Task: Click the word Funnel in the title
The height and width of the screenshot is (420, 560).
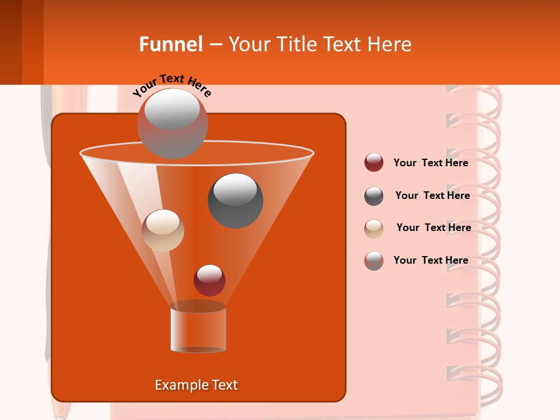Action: coord(170,44)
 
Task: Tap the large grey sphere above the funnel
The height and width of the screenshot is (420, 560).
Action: coord(172,123)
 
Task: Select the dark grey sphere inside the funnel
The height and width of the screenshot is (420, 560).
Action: coord(235,200)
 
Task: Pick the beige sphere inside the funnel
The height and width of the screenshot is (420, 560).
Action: coord(163,230)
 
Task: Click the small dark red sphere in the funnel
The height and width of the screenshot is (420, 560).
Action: coord(209,280)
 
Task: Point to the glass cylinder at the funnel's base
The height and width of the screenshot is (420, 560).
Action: coord(198,329)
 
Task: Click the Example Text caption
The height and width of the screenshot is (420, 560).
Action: coord(196,385)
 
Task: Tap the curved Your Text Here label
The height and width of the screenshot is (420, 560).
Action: coord(171,84)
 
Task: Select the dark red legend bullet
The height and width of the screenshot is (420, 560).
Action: coord(373,163)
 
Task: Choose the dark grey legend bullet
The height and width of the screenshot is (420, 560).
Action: coord(373,196)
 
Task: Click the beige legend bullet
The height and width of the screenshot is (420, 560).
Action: coord(373,228)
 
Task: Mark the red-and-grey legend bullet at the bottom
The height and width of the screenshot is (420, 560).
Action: coord(373,261)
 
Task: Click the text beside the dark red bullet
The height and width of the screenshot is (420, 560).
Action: coord(430,163)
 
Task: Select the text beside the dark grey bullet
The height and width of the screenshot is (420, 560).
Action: coord(432,196)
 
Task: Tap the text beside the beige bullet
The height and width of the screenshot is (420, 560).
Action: coord(433,228)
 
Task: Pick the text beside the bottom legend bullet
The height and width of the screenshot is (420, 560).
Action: coord(430,261)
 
